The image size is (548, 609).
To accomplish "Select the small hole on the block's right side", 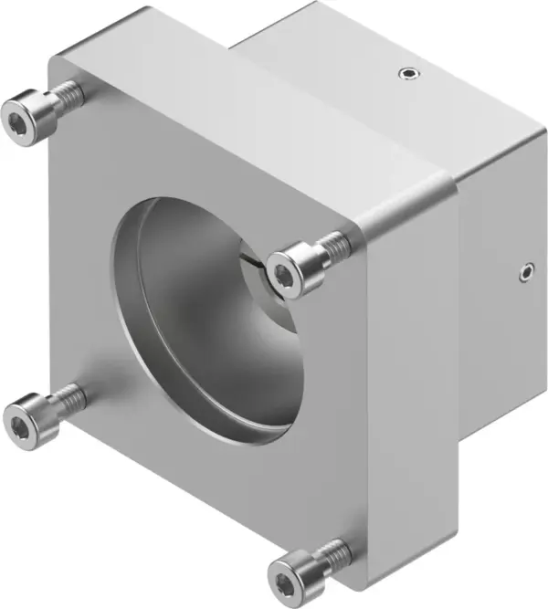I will [x=523, y=270].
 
